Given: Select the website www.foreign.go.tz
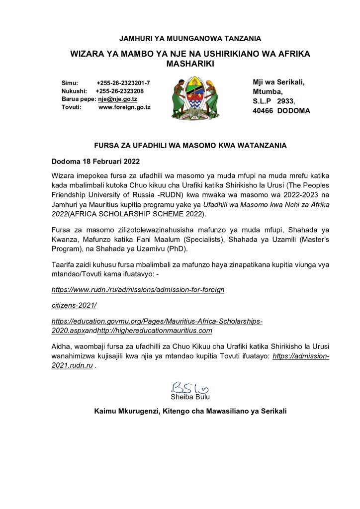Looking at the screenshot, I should (x=124, y=107).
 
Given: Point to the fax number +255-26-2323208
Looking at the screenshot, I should (x=120, y=91).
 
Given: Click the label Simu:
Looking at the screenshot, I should (x=70, y=83).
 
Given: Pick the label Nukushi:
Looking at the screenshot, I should (x=74, y=91).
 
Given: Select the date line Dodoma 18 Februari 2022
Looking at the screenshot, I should (x=95, y=162).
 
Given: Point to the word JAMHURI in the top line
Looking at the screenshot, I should (x=135, y=38).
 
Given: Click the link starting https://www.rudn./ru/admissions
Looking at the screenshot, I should (x=138, y=289).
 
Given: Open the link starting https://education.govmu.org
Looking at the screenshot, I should (x=157, y=321).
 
